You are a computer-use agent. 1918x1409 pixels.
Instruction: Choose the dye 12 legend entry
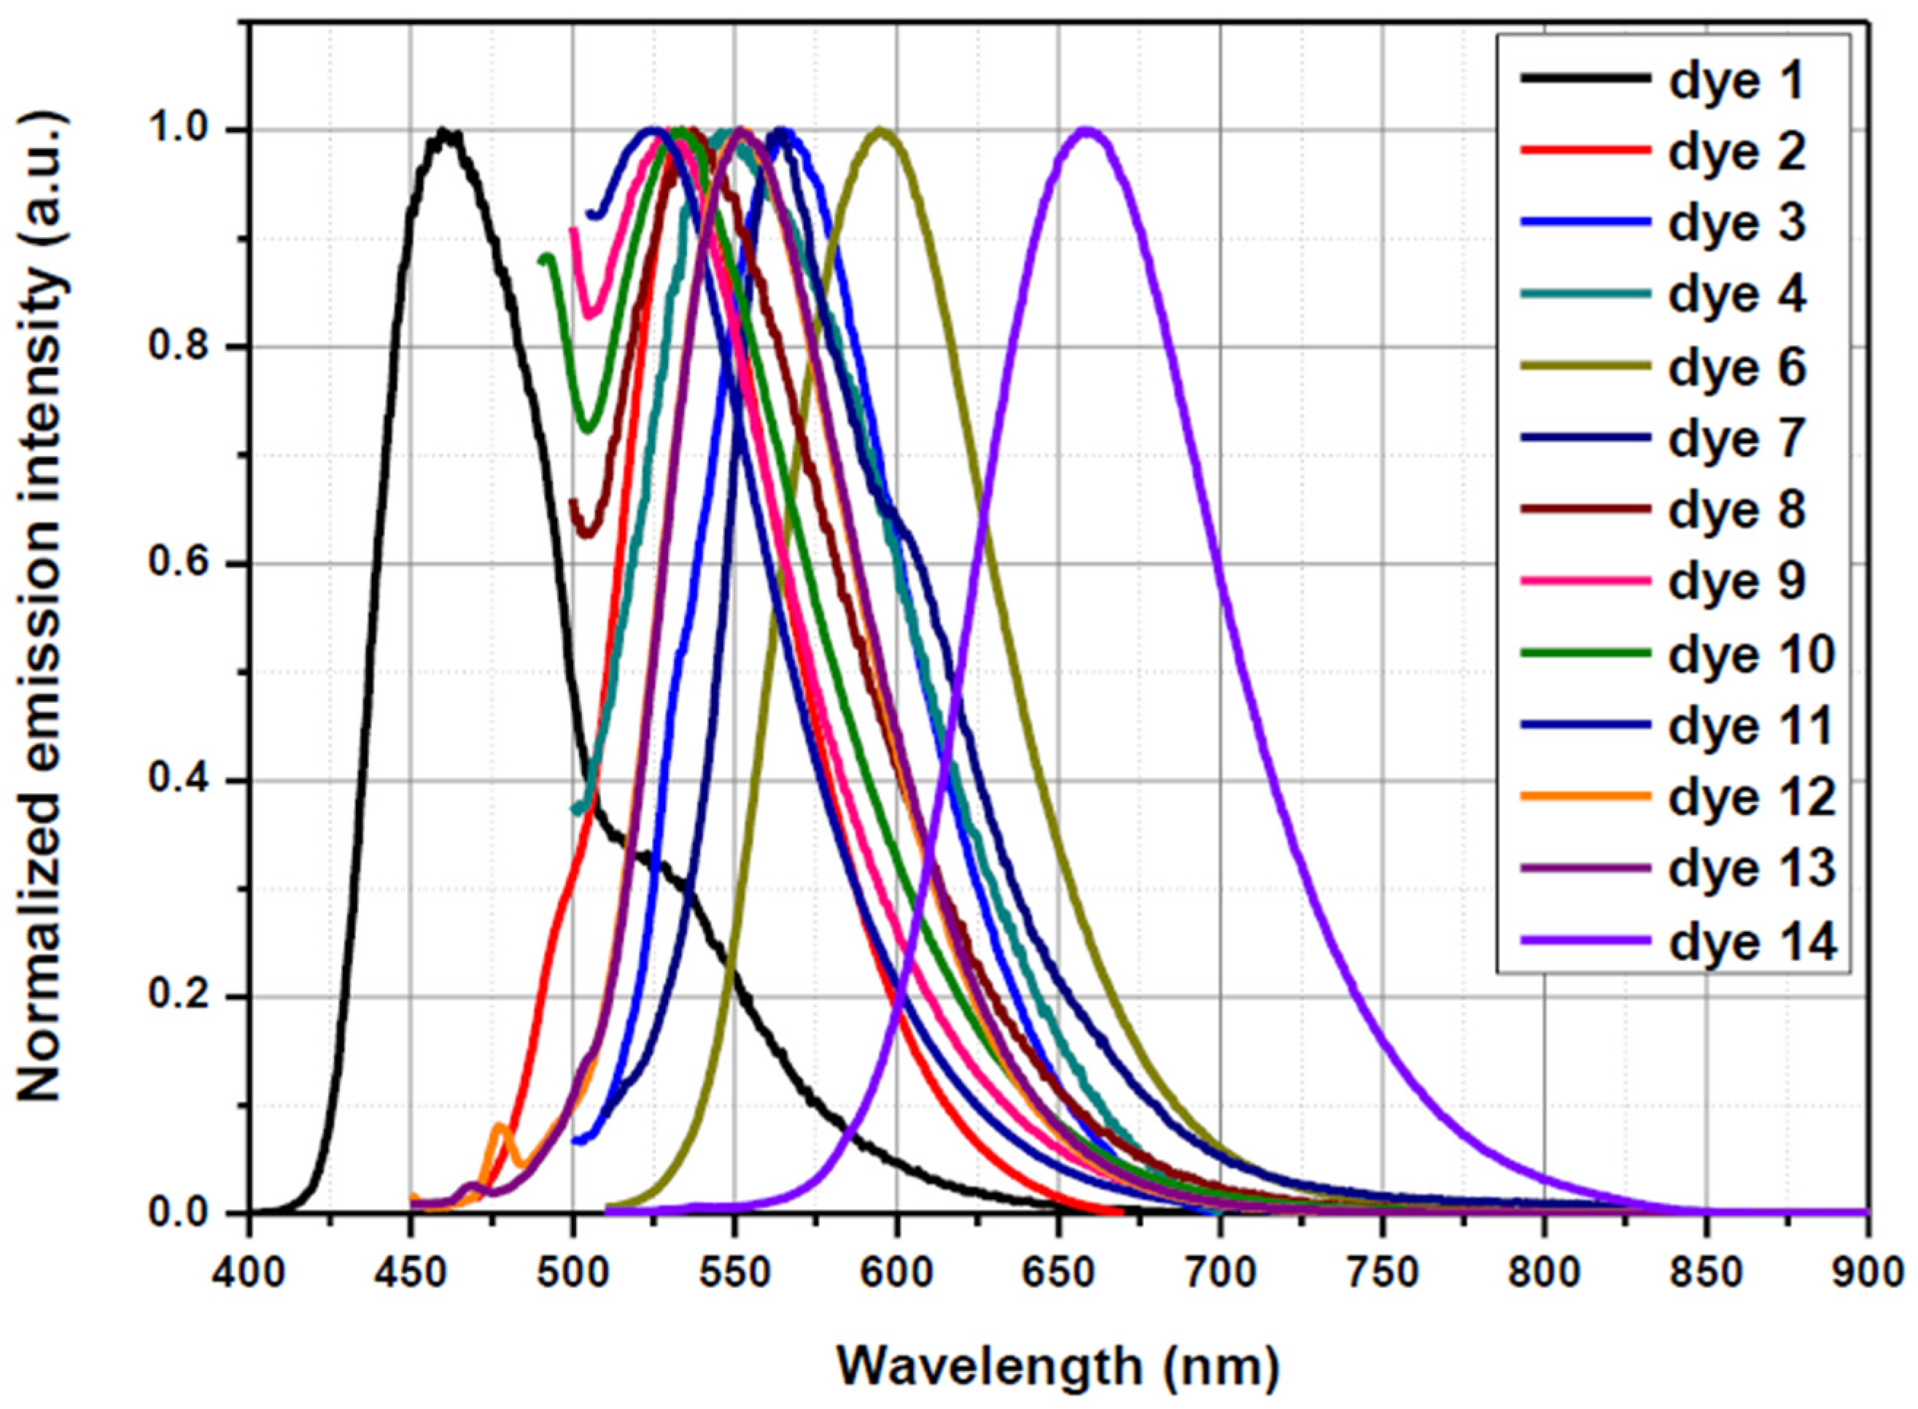1750,798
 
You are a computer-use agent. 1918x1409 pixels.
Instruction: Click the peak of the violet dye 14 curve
1085,131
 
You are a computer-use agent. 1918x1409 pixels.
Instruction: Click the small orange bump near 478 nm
501,1127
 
